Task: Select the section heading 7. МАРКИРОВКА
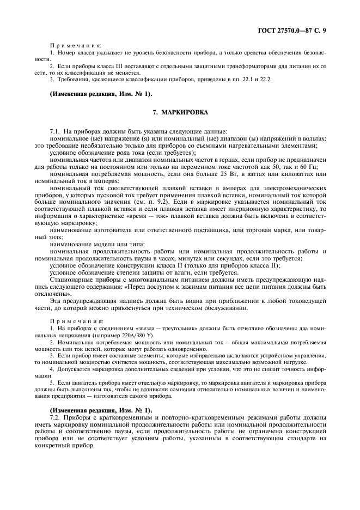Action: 179,112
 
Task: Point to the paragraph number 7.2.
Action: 55,417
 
